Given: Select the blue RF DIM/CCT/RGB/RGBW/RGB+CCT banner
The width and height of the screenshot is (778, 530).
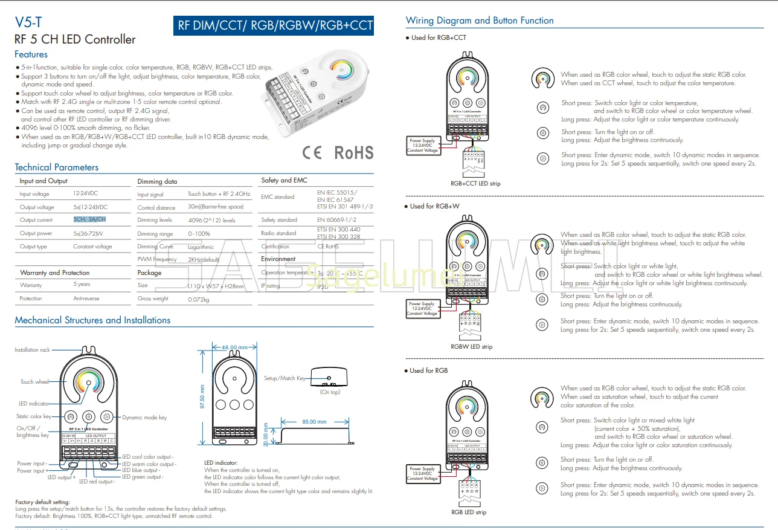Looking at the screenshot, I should click(x=274, y=26).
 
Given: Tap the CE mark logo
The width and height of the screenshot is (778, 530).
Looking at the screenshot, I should click(x=312, y=152).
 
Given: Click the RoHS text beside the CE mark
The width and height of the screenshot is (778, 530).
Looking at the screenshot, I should click(x=354, y=152).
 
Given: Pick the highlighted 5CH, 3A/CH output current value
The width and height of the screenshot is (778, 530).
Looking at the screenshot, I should click(x=89, y=219).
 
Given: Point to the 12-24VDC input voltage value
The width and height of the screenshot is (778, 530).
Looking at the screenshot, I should click(x=86, y=193).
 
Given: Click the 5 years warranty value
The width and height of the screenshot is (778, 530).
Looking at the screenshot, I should click(x=82, y=284).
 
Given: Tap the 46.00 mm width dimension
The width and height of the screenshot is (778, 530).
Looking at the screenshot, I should click(x=234, y=347).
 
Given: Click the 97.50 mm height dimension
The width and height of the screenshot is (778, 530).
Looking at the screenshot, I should click(x=202, y=397).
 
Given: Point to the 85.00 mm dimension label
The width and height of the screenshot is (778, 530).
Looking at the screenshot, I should click(x=313, y=422).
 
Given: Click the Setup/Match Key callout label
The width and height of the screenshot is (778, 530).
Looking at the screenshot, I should click(x=285, y=378).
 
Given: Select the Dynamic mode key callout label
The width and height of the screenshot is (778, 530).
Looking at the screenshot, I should click(x=144, y=418).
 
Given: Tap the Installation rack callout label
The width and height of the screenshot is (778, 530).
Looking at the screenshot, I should click(x=32, y=350).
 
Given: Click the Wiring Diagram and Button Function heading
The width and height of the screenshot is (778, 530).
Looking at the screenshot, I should click(x=480, y=21).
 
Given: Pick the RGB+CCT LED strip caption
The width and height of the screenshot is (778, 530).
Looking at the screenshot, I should click(x=475, y=183).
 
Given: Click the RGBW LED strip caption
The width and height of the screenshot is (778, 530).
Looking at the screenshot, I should click(x=471, y=347).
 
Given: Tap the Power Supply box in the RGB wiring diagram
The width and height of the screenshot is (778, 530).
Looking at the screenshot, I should click(x=422, y=473).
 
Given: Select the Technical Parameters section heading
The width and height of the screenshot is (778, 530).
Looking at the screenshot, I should click(x=57, y=167).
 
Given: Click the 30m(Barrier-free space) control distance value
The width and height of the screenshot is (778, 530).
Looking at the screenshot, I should click(x=216, y=207).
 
